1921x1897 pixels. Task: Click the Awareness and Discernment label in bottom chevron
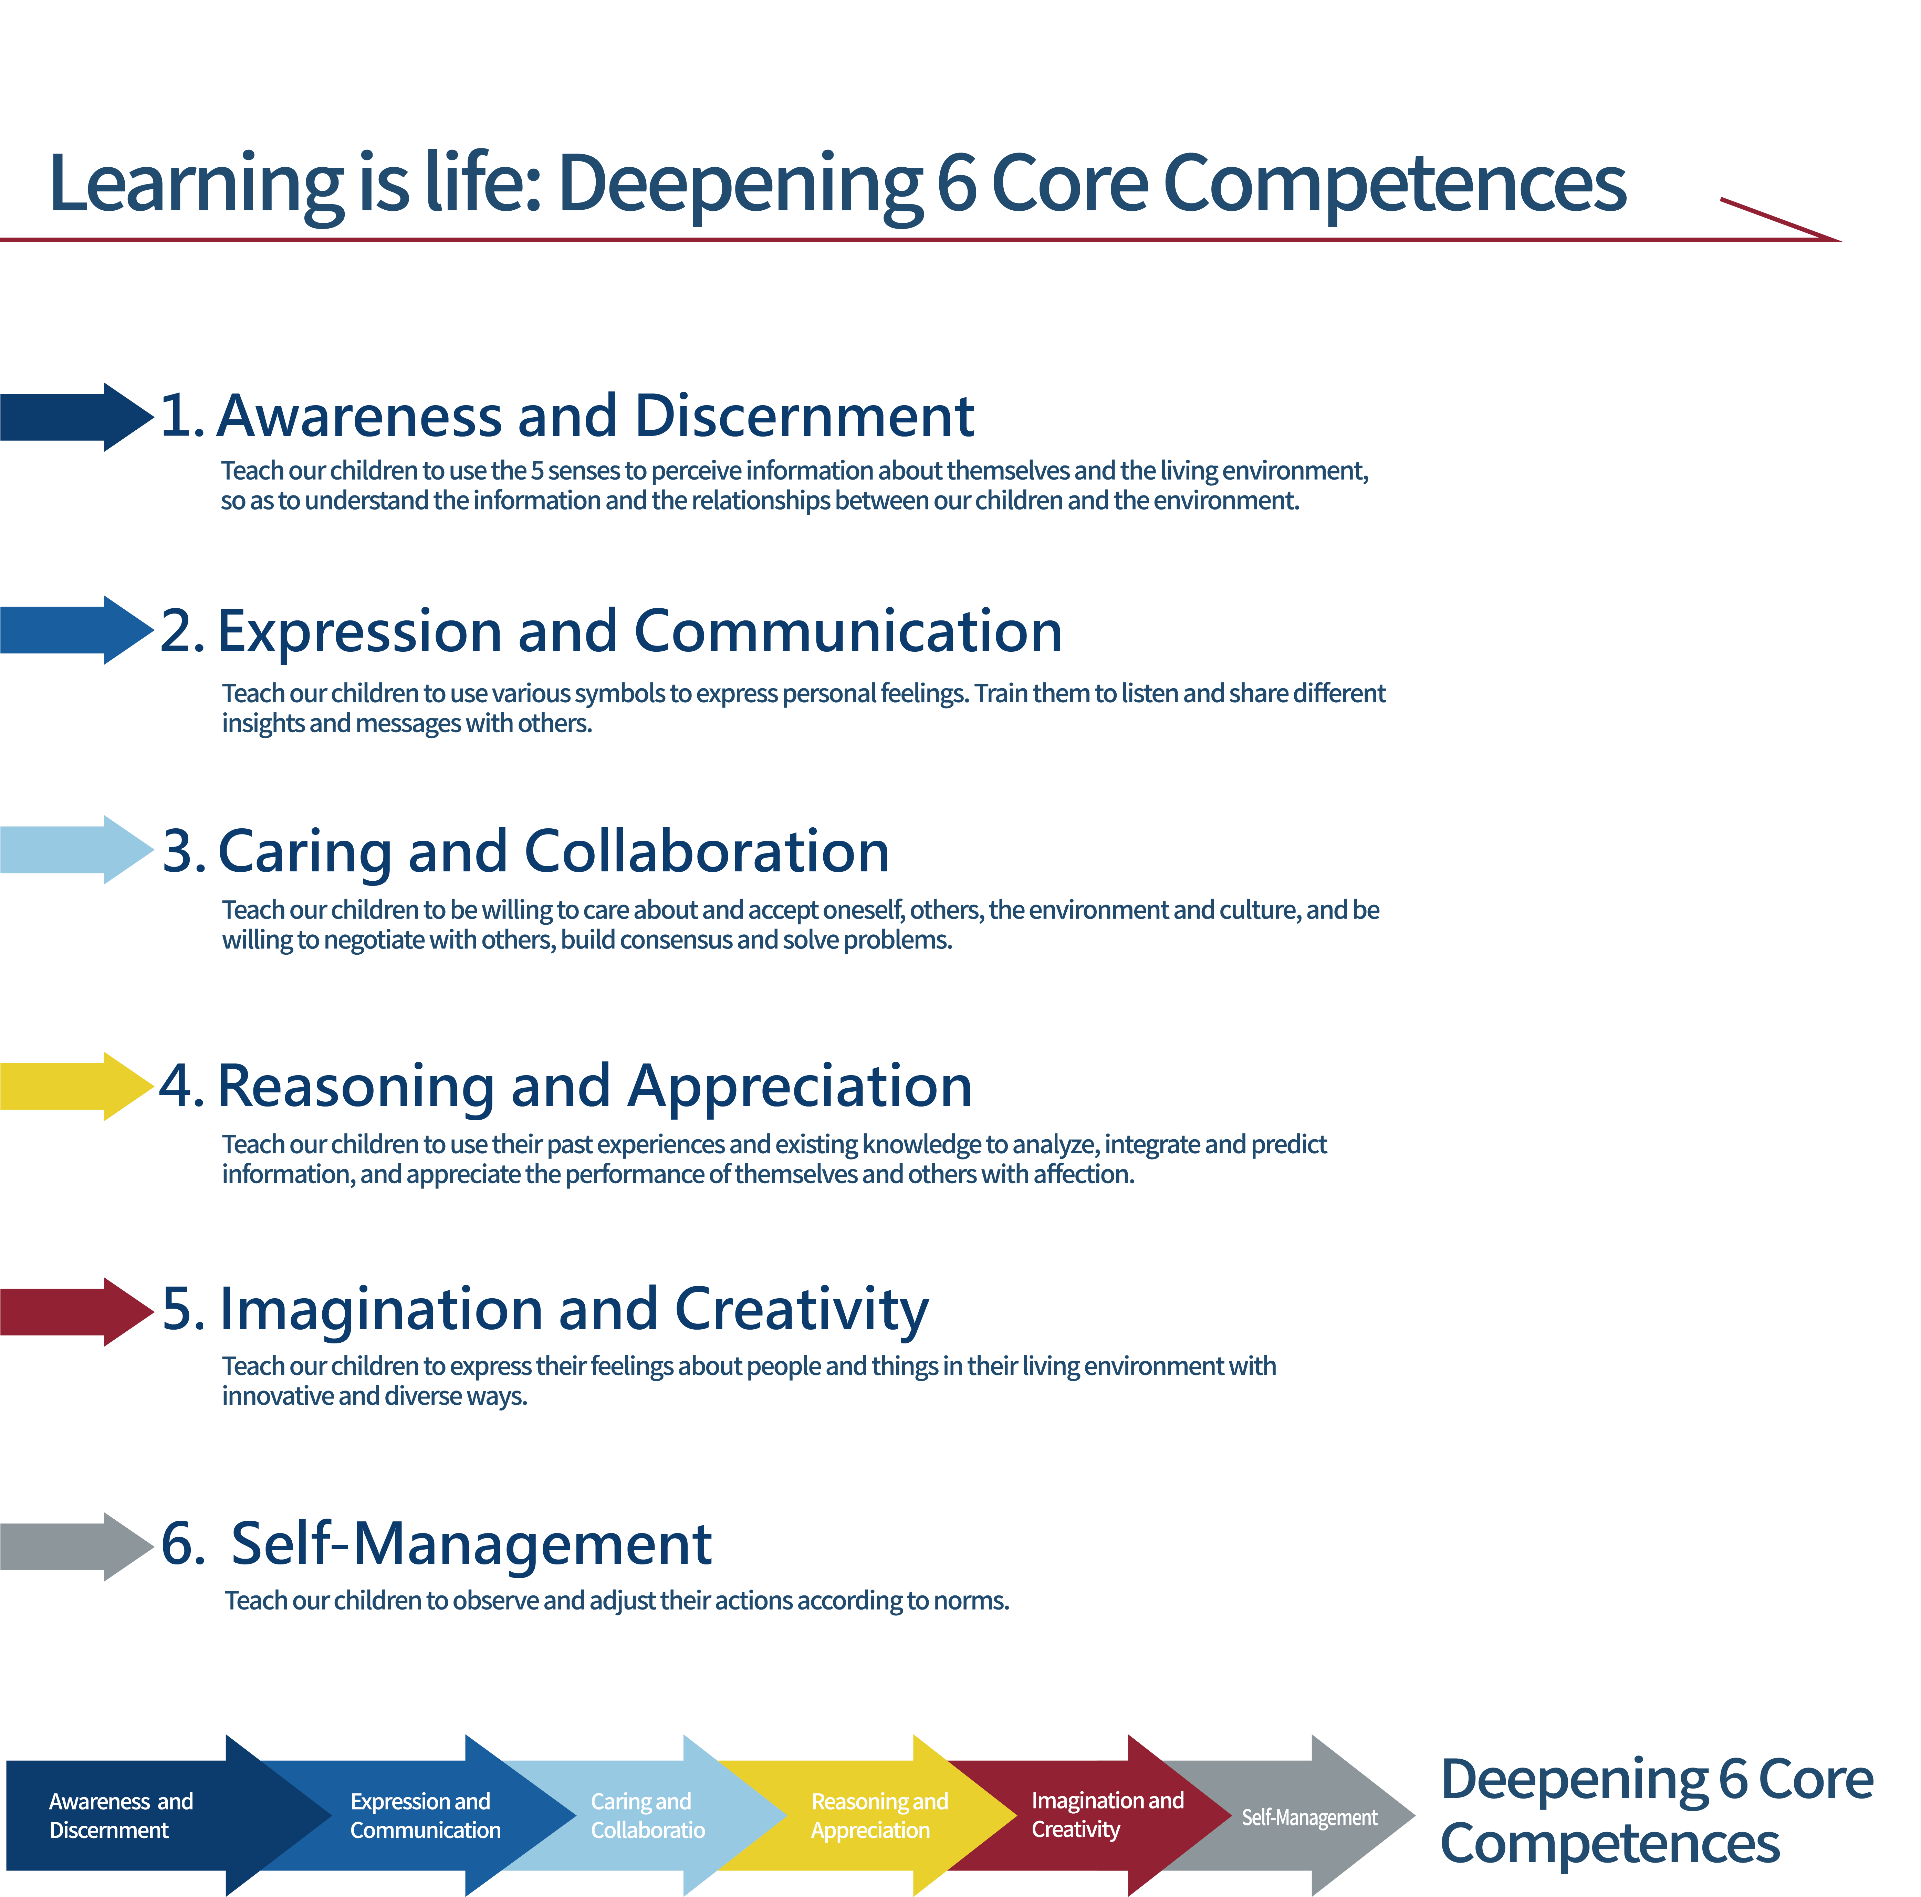pos(120,1815)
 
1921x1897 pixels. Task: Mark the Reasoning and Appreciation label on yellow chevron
pos(879,1815)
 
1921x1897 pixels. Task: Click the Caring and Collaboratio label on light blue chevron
pos(647,1815)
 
